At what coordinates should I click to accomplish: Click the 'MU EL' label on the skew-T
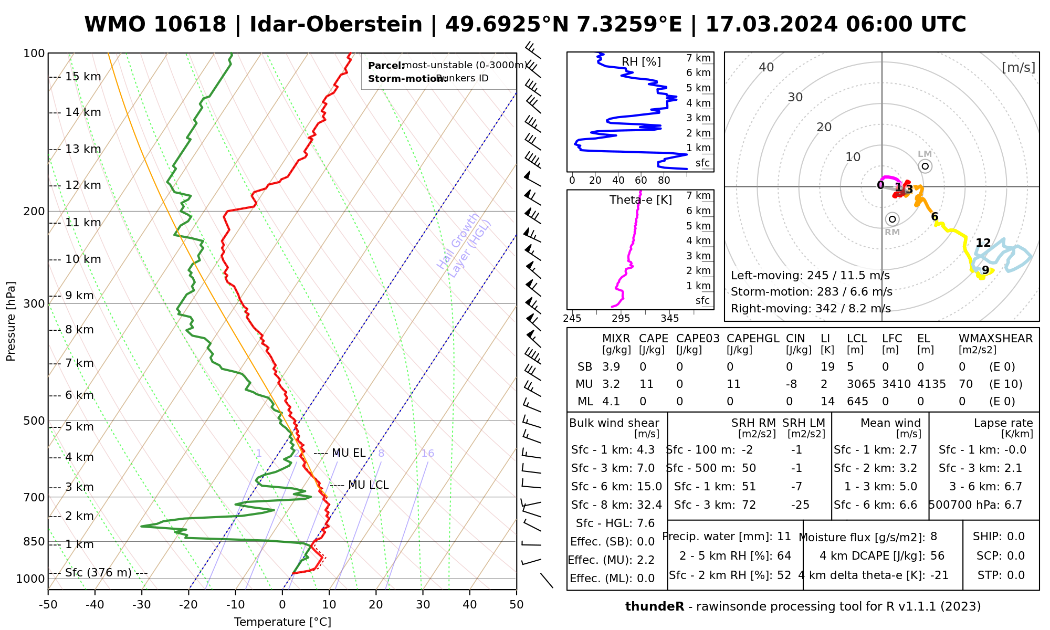(x=349, y=453)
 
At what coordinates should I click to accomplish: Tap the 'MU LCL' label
(x=368, y=485)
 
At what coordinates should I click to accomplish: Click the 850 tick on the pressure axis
(x=35, y=542)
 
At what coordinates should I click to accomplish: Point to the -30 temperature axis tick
(x=142, y=605)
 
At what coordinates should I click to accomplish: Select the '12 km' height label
(x=83, y=185)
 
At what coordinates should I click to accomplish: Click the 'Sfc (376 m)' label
(x=98, y=573)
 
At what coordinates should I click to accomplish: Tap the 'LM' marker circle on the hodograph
(x=925, y=166)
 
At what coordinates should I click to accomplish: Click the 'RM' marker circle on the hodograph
(x=892, y=219)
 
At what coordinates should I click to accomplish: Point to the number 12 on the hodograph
(x=983, y=243)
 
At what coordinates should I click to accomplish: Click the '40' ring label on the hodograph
(x=766, y=67)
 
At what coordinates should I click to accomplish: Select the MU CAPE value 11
(x=646, y=384)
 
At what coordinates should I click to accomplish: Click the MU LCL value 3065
(x=861, y=384)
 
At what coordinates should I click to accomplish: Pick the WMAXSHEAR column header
(x=995, y=339)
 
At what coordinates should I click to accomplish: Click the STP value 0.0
(x=1016, y=575)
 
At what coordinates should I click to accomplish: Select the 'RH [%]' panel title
(x=641, y=62)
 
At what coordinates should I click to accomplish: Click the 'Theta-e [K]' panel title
(x=640, y=200)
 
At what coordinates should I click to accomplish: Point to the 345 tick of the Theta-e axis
(x=669, y=319)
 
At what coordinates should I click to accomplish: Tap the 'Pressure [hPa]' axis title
(x=11, y=321)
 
